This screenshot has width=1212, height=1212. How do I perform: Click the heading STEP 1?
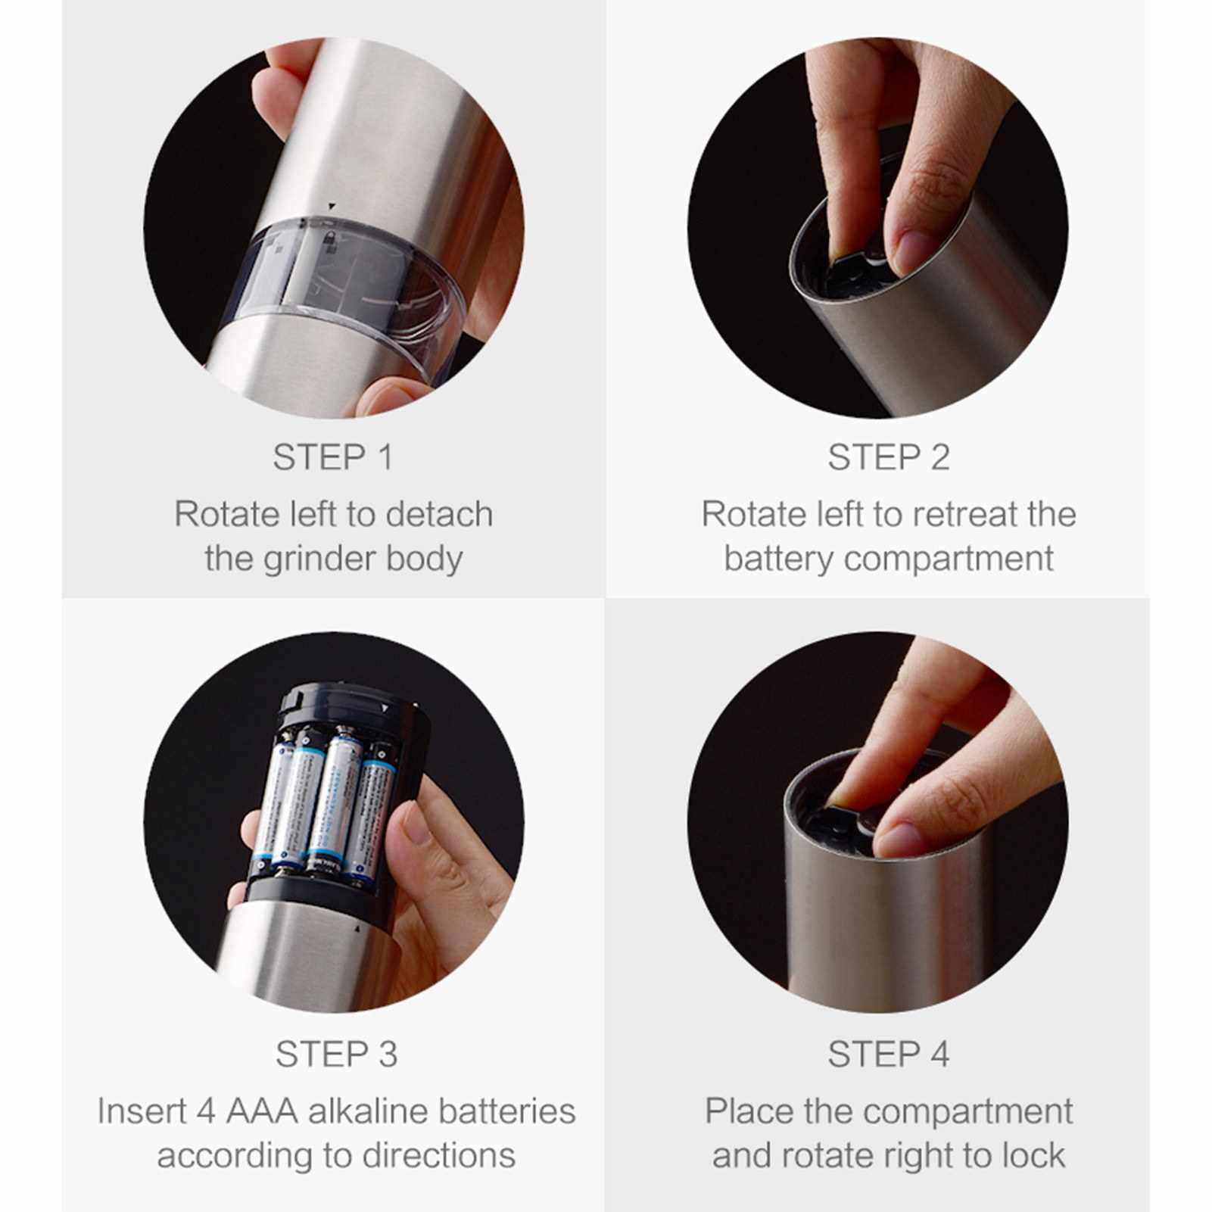[333, 457]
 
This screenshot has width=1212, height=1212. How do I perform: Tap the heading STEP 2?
[888, 457]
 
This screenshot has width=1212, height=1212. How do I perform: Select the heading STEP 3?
[336, 1054]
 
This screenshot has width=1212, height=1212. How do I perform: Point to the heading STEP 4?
[888, 1054]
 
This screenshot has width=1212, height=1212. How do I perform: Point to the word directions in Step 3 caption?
[438, 1156]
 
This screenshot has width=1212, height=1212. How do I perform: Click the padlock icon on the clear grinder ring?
[329, 241]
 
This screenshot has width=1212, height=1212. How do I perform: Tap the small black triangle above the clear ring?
[330, 206]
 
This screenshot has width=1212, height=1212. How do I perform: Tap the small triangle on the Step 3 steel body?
[355, 928]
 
